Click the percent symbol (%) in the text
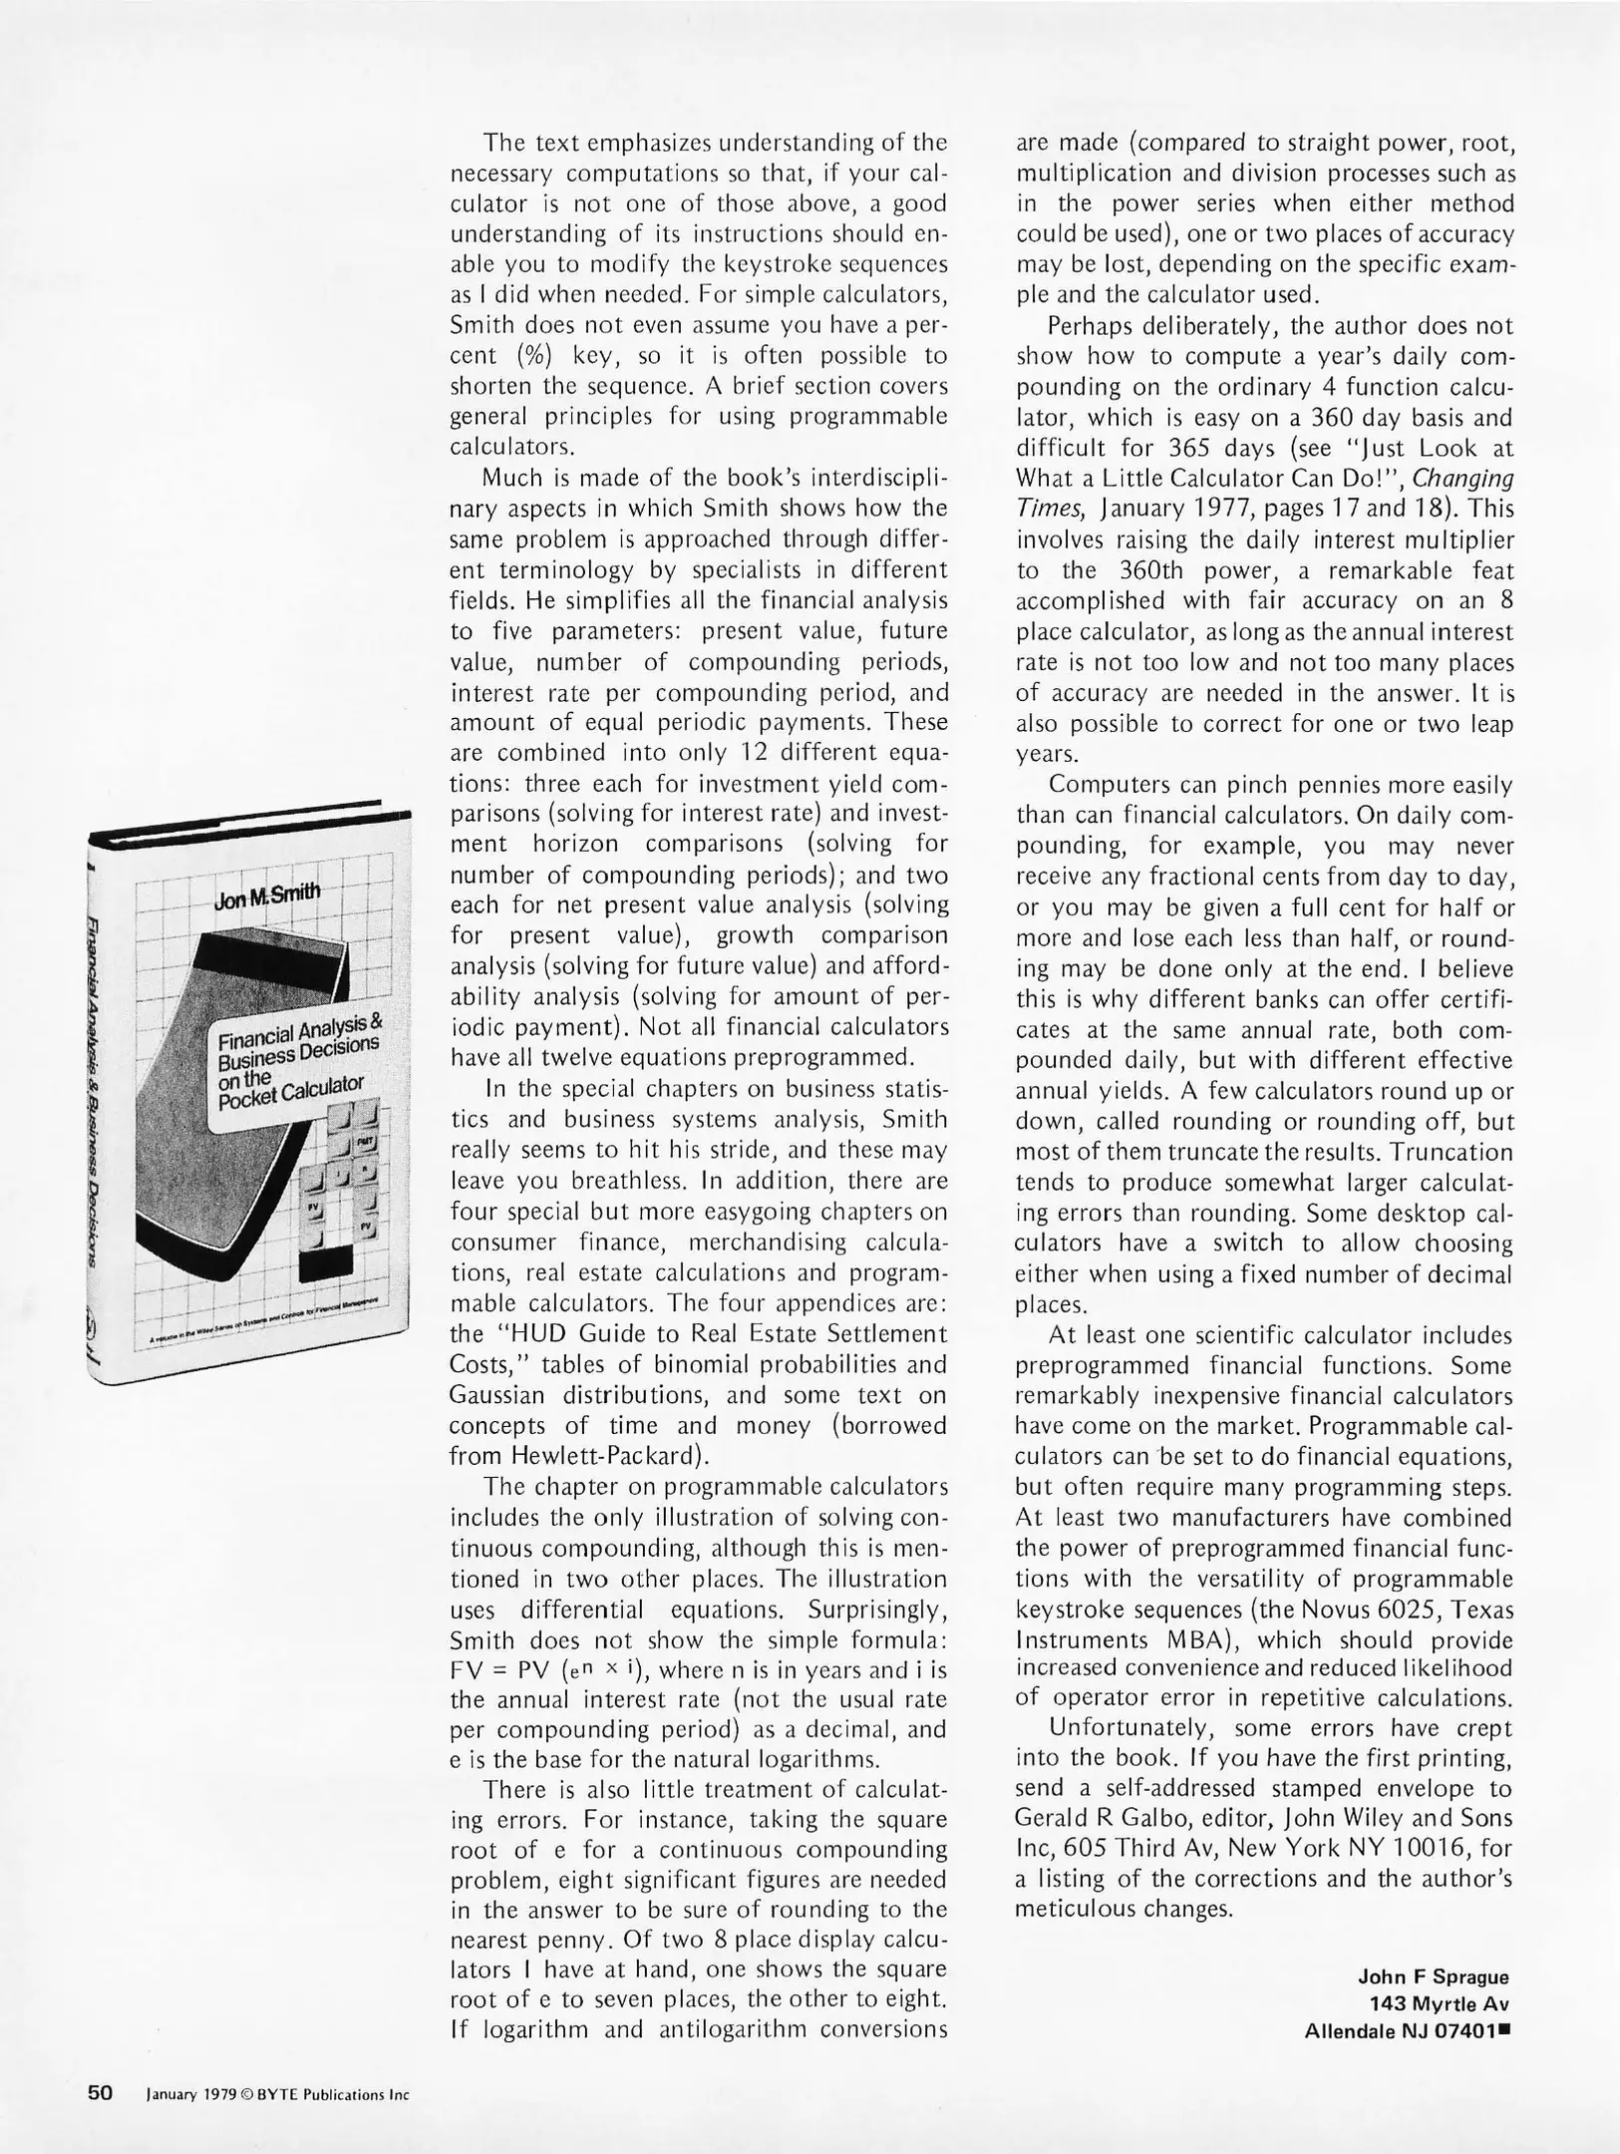(x=533, y=356)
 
